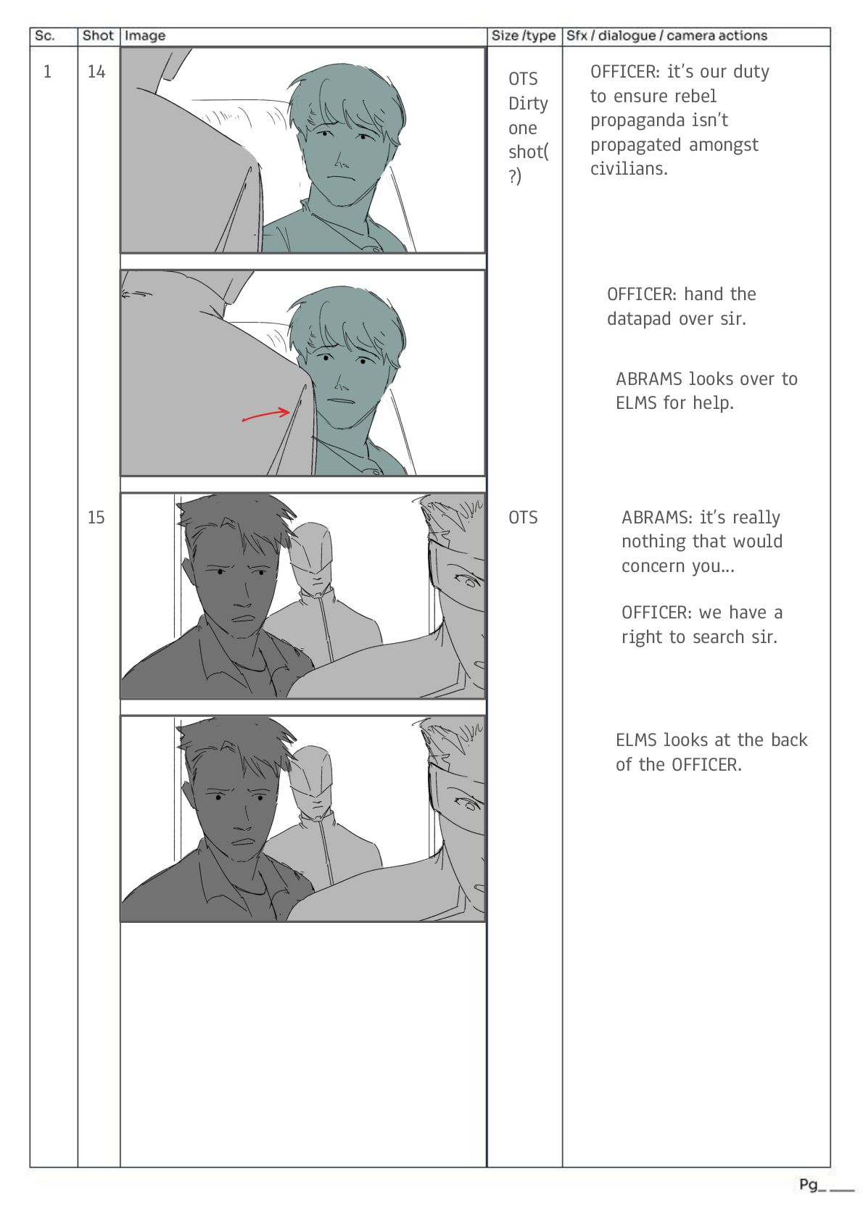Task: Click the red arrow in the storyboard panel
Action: [x=266, y=415]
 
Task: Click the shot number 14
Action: [x=96, y=71]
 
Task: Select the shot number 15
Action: [x=96, y=517]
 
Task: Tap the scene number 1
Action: [x=48, y=71]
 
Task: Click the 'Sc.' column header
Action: [x=44, y=36]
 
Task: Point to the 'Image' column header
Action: [x=144, y=36]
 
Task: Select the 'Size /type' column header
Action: [x=524, y=36]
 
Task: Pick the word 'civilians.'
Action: [x=629, y=169]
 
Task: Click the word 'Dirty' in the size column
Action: [x=528, y=104]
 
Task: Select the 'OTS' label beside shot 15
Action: [x=523, y=517]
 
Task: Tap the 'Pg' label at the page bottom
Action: [x=809, y=1185]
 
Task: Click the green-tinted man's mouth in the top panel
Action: [x=338, y=177]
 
